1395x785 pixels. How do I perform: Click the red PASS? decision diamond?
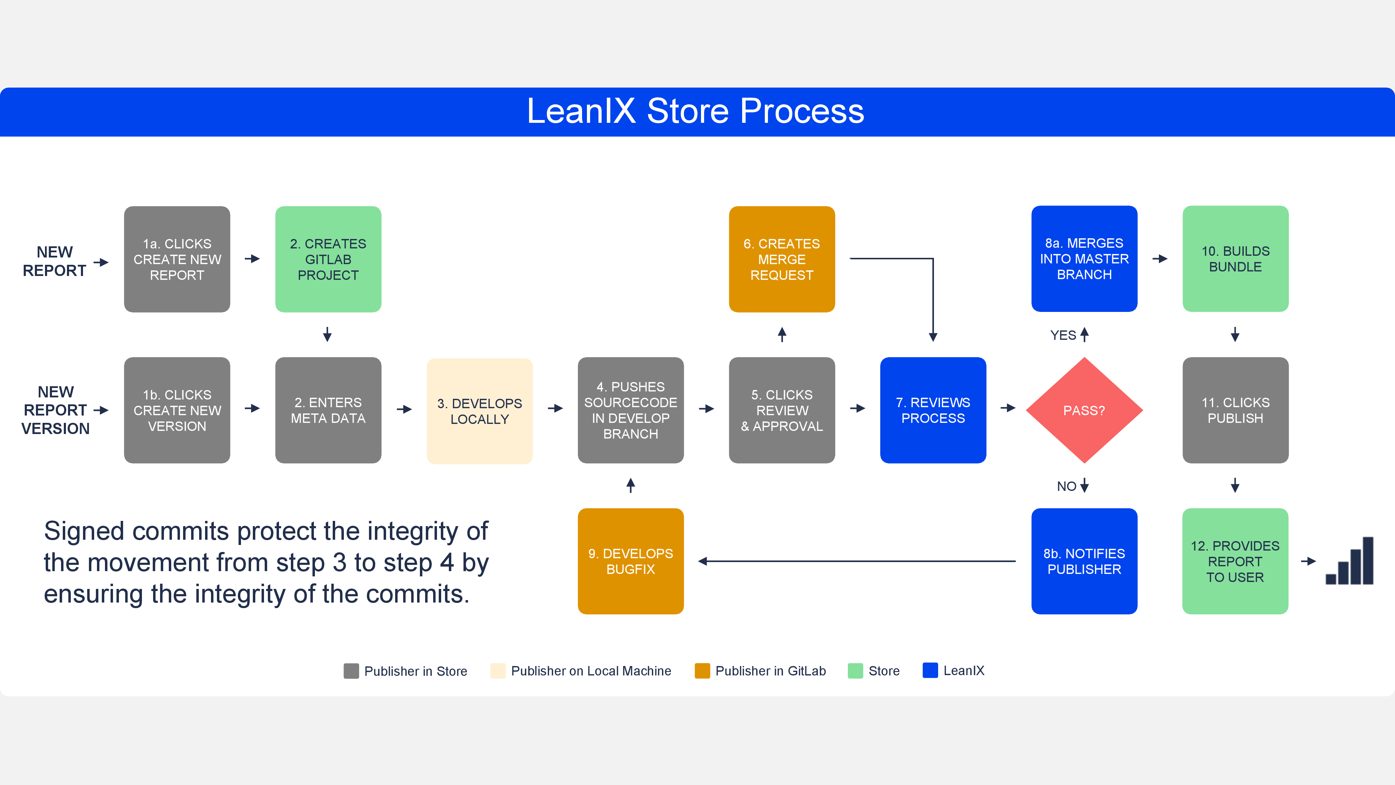pyautogui.click(x=1084, y=410)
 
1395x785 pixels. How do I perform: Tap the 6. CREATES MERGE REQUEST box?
pyautogui.click(x=782, y=259)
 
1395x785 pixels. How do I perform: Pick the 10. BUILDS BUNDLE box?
pyautogui.click(x=1235, y=259)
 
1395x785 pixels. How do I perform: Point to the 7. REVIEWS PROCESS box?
pyautogui.click(x=933, y=410)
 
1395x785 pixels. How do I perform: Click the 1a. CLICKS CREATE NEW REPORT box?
pyautogui.click(x=177, y=259)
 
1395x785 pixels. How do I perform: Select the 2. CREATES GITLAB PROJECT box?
pyautogui.click(x=328, y=259)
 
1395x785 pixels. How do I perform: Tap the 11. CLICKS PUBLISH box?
pyautogui.click(x=1235, y=410)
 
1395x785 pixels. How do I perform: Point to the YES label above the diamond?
pyautogui.click(x=1063, y=335)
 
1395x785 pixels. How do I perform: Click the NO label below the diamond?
pyautogui.click(x=1066, y=486)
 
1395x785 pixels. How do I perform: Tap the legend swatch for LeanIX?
pyautogui.click(x=930, y=670)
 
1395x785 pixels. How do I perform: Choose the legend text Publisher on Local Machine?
pyautogui.click(x=591, y=671)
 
